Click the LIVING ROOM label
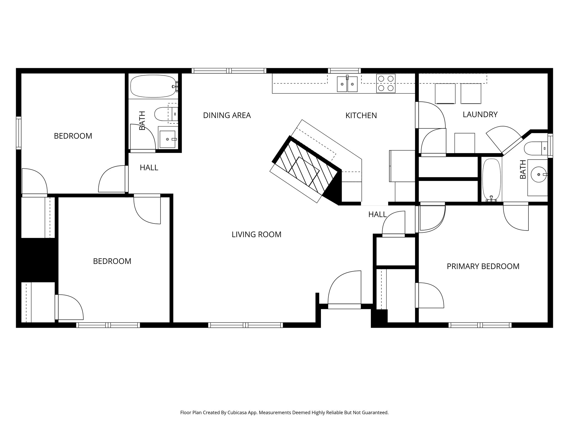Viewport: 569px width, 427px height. click(x=256, y=235)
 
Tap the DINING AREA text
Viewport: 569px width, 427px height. click(x=227, y=115)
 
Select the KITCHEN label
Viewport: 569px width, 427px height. click(x=361, y=116)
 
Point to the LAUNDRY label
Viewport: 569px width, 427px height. click(x=480, y=115)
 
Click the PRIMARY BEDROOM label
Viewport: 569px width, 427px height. click(x=483, y=266)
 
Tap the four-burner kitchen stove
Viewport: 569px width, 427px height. click(x=386, y=83)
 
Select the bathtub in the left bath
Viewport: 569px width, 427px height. click(x=153, y=86)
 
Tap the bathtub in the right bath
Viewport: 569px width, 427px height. click(x=491, y=179)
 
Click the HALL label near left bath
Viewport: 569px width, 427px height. click(x=149, y=168)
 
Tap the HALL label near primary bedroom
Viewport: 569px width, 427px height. click(x=377, y=214)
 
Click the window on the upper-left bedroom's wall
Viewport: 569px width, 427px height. click(x=19, y=133)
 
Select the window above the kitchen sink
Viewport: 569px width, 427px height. click(x=344, y=71)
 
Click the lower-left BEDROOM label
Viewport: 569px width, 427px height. click(x=112, y=261)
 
